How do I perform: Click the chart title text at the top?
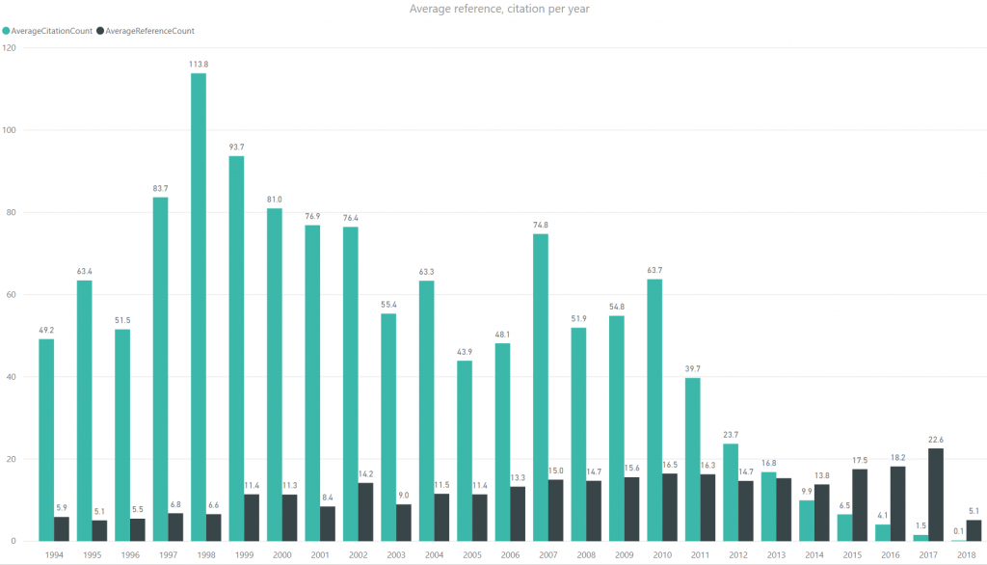493,10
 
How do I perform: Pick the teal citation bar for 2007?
541,387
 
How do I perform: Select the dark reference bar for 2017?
935,494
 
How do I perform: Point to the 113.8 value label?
199,65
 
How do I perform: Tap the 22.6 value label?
935,440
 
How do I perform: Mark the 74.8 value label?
541,226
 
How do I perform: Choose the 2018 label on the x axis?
965,554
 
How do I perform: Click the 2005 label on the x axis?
471,554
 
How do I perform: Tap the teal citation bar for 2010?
654,410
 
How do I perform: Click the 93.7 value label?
236,148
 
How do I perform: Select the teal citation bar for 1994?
46,440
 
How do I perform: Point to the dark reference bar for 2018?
974,530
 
